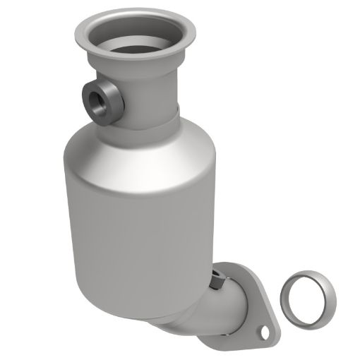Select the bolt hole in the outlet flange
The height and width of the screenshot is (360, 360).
tap(265, 328)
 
